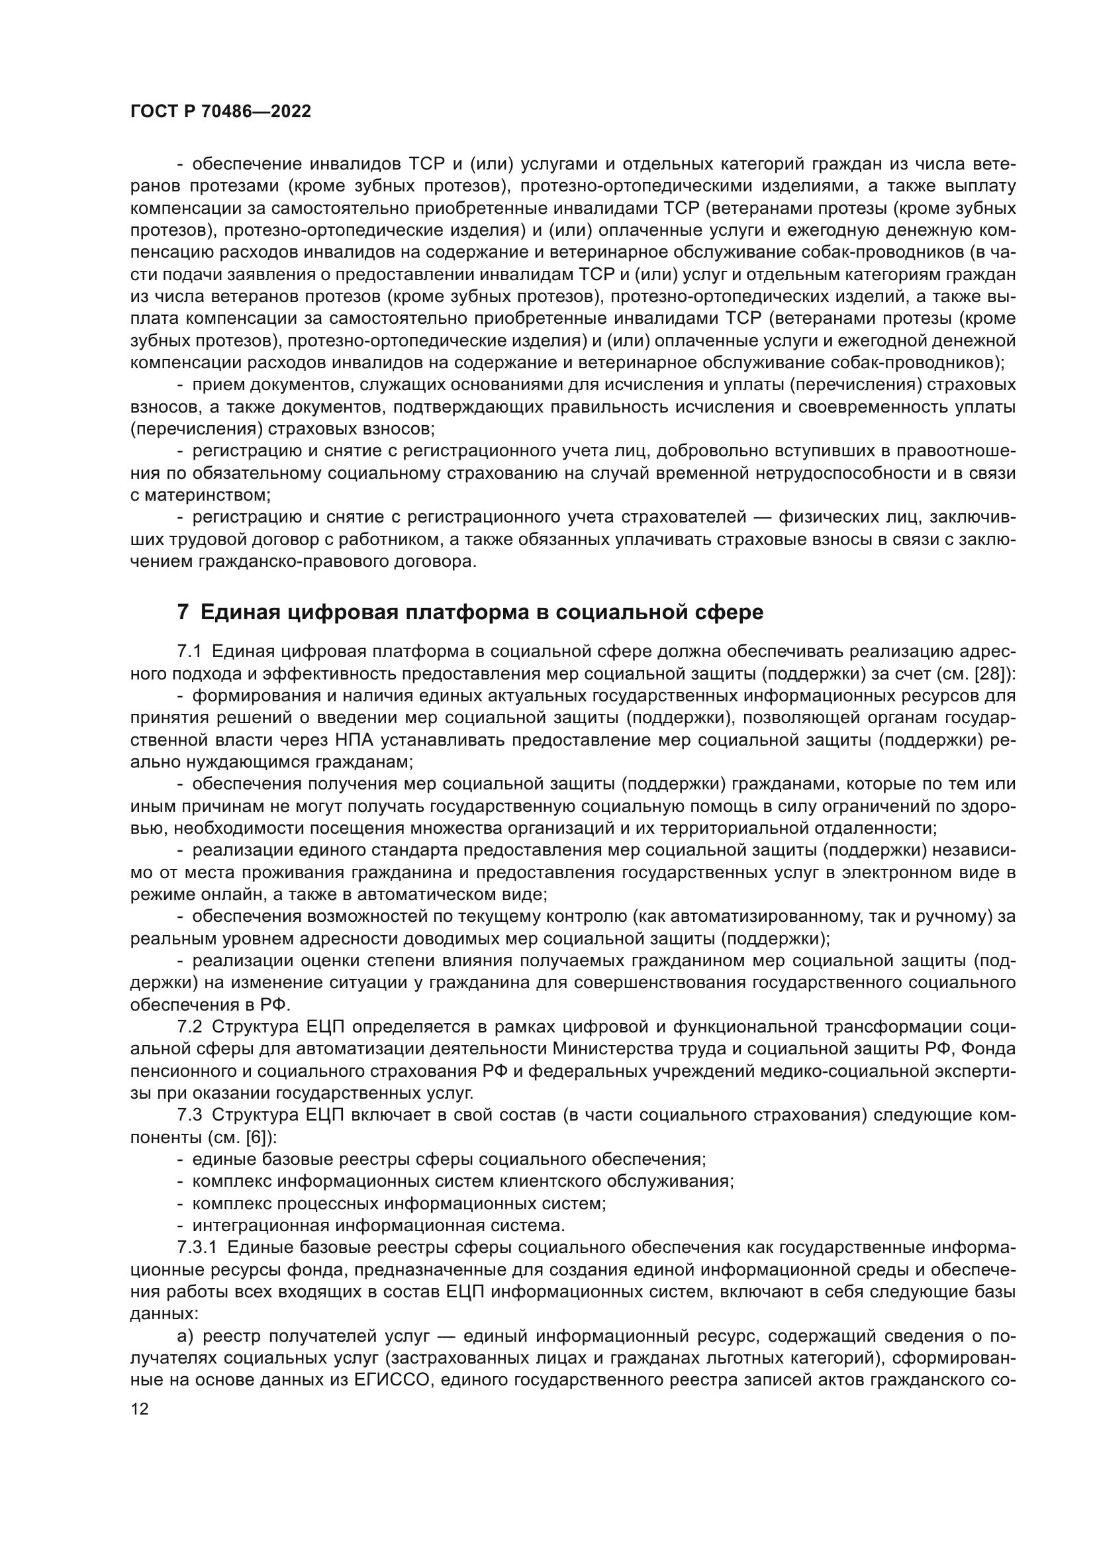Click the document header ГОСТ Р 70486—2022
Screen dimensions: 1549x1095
pyautogui.click(x=220, y=112)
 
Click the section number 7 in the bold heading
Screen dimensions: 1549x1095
pyautogui.click(x=182, y=612)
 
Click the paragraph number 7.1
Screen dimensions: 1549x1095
pyautogui.click(x=189, y=651)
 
